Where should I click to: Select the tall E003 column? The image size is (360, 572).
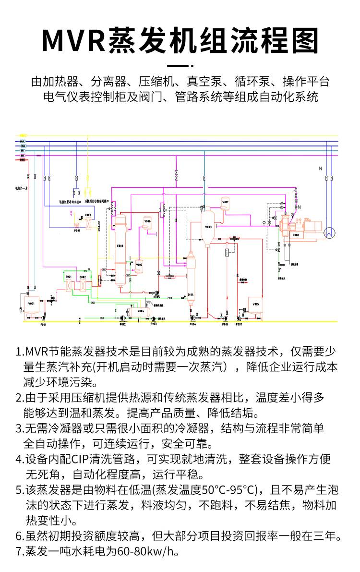[120, 250]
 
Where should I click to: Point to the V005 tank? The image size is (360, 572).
[255, 304]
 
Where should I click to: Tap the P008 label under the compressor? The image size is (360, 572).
[296, 235]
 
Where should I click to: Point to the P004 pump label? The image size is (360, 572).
[192, 325]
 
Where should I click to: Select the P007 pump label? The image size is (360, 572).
[239, 325]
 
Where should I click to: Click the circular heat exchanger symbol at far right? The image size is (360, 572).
[329, 232]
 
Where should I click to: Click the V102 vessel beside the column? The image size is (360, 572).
[139, 265]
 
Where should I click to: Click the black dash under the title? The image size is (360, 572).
[180, 65]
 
